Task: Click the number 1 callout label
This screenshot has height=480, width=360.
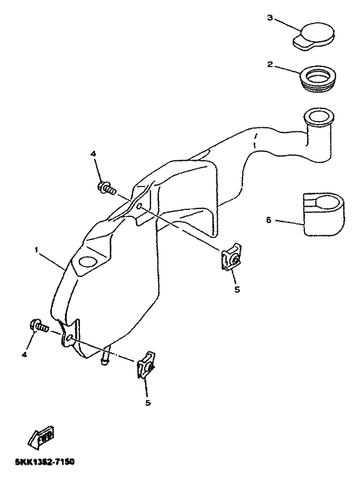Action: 36,250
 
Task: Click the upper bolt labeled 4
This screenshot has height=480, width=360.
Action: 105,188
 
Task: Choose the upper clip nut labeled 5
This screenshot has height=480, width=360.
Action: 231,258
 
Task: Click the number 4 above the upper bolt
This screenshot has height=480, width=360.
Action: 94,154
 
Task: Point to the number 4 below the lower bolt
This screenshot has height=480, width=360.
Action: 24,355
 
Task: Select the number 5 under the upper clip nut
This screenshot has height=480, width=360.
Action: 237,289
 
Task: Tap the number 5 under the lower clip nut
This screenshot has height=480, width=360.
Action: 148,403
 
